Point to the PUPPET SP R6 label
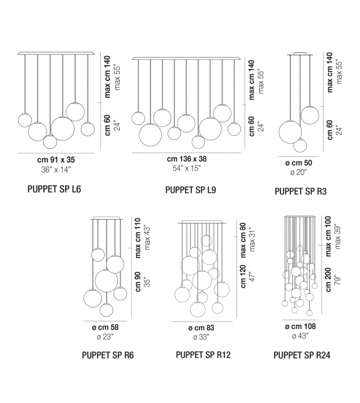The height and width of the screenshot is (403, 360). (107, 355)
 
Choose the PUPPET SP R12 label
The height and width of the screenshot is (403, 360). (203, 355)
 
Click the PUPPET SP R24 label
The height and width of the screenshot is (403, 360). (302, 355)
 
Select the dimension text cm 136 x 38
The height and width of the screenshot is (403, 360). (188, 159)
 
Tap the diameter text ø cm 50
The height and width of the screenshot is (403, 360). (300, 161)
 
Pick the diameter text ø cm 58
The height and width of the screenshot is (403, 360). (105, 327)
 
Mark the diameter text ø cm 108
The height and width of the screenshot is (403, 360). (300, 326)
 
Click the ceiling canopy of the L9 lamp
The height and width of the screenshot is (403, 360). (186, 58)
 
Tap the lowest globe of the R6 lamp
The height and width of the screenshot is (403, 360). (106, 309)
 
